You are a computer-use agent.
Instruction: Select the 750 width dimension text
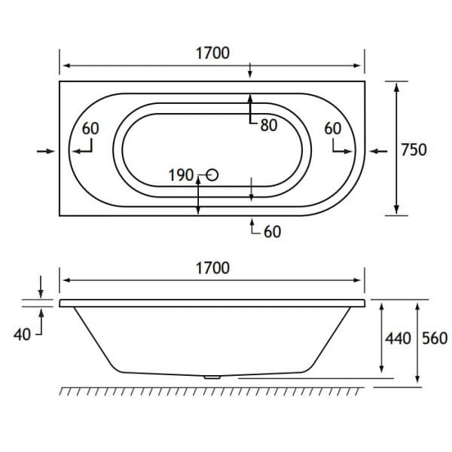pyautogui.click(x=414, y=149)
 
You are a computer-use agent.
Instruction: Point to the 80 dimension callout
pyautogui.click(x=269, y=126)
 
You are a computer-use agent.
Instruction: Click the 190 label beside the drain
pyautogui.click(x=181, y=176)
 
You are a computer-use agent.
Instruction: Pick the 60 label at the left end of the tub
pyautogui.click(x=90, y=129)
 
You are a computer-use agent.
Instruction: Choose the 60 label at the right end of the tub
pyautogui.click(x=333, y=129)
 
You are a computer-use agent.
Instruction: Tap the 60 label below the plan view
pyautogui.click(x=272, y=232)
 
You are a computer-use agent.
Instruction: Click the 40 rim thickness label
pyautogui.click(x=23, y=334)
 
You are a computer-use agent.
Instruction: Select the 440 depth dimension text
pyautogui.click(x=397, y=338)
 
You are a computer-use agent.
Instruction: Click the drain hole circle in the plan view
pyautogui.click(x=212, y=176)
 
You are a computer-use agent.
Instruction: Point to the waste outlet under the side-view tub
pyautogui.click(x=212, y=375)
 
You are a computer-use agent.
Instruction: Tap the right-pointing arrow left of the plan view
pyautogui.click(x=45, y=151)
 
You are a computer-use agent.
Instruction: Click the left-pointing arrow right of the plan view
pyautogui.click(x=379, y=151)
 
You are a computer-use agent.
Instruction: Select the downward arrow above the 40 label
pyautogui.click(x=41, y=287)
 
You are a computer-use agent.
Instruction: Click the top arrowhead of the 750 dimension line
pyautogui.click(x=397, y=87)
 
